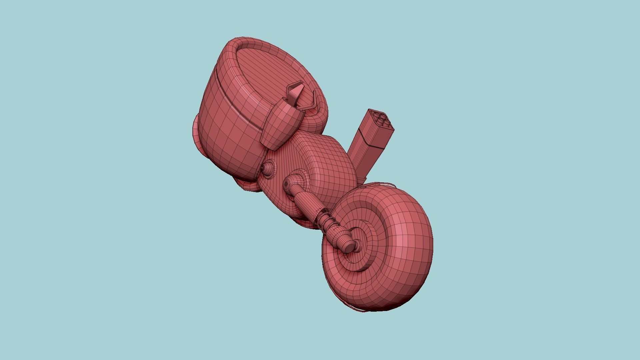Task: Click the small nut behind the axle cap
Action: pos(359,245)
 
